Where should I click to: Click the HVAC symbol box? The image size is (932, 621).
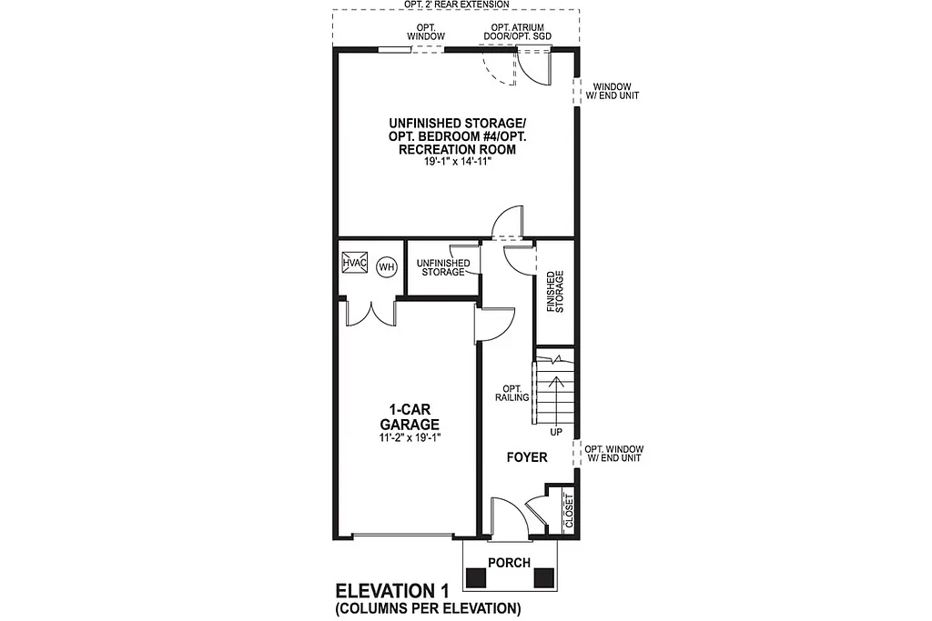354,264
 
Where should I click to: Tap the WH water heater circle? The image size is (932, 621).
386,266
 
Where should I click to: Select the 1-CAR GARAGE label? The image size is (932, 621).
410,417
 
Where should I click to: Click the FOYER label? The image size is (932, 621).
527,457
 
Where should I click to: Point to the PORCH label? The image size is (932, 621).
509,563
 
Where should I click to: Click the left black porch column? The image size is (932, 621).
476,577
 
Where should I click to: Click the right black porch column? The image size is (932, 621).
543,577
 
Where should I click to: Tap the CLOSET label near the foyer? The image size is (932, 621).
569,511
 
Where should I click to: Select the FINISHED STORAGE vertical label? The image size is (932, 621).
554,292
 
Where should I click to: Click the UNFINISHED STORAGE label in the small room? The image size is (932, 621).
441,267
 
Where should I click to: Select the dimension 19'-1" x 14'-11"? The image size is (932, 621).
456,162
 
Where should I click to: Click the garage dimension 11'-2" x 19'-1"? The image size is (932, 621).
410,438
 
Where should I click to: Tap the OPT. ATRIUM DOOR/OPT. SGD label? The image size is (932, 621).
518,33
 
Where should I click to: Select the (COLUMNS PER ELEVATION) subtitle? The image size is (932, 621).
427,607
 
